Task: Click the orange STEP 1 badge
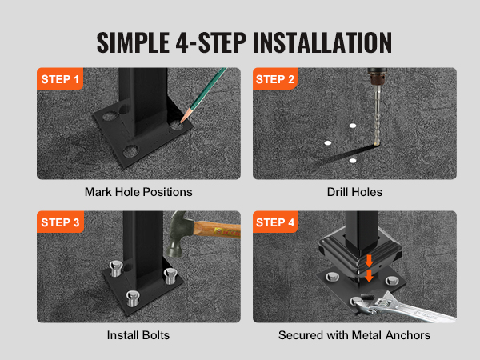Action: pyautogui.click(x=60, y=80)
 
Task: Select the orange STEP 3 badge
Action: pyautogui.click(x=60, y=223)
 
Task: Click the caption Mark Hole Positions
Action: pyautogui.click(x=138, y=192)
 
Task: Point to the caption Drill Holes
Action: pyautogui.click(x=354, y=192)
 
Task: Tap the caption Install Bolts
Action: pyautogui.click(x=138, y=334)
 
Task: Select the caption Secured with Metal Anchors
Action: pyautogui.click(x=354, y=334)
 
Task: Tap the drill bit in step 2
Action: pyautogui.click(x=374, y=120)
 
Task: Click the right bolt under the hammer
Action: pyautogui.click(x=169, y=276)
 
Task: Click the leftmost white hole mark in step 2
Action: pyautogui.click(x=326, y=142)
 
